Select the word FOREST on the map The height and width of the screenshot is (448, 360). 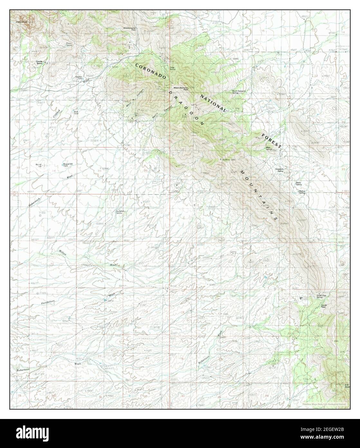(271, 140)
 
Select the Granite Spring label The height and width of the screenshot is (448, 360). (39, 63)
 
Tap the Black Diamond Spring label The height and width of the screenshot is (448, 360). (239, 92)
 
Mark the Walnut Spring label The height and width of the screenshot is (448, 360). (302, 192)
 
